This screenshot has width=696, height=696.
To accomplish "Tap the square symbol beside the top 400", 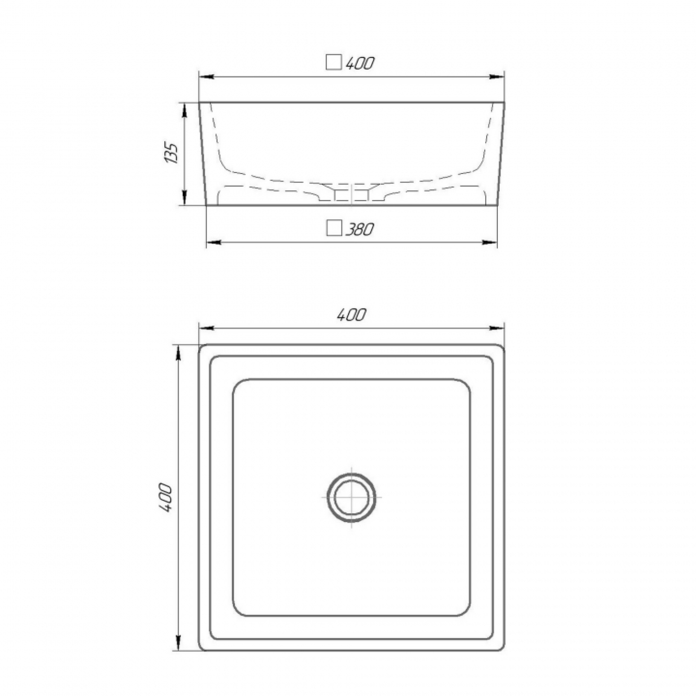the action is (334, 62).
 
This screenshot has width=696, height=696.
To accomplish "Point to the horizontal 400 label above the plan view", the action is (351, 315).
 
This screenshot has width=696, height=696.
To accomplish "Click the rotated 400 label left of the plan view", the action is (166, 497).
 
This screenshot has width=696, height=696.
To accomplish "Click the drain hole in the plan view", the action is (351, 497).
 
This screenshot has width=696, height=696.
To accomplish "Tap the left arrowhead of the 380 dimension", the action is (213, 242).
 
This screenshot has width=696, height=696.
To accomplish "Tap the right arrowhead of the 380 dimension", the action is (490, 242).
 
